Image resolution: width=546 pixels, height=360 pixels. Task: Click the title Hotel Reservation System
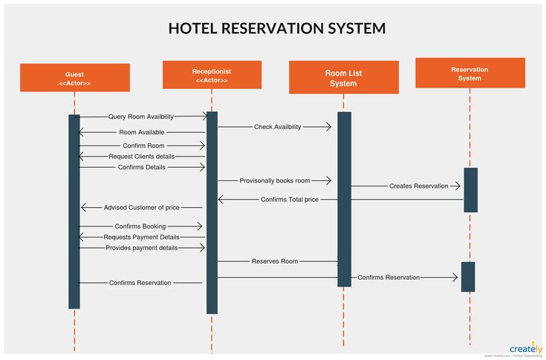pos(276,29)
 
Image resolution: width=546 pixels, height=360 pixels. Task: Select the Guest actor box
pos(74,78)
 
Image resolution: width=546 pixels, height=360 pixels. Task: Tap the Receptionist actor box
pos(212,75)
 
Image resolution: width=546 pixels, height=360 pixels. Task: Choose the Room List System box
pos(342,78)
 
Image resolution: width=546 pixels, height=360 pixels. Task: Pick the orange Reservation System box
pos(469,73)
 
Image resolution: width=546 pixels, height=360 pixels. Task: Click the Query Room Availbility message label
pos(141,117)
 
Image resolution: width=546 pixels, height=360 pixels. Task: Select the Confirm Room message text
pos(144,145)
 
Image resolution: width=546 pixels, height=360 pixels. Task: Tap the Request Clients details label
pos(142,157)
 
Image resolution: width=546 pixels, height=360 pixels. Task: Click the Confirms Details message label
pos(142,167)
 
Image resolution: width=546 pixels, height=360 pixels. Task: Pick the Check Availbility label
pos(278,127)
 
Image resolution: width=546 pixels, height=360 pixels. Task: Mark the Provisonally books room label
pos(275,180)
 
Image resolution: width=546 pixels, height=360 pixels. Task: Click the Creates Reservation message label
pos(419,186)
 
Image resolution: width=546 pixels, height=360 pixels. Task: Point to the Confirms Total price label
pos(290,200)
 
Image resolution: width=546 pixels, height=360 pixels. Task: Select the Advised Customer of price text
pos(142,208)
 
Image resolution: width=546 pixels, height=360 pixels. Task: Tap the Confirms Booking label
pos(140,226)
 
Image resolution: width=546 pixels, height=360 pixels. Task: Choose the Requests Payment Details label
pos(142,237)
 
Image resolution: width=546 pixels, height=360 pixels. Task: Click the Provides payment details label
pos(142,248)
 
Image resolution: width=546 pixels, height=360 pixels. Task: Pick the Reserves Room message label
pos(275,261)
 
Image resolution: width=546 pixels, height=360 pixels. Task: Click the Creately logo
pos(525,349)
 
